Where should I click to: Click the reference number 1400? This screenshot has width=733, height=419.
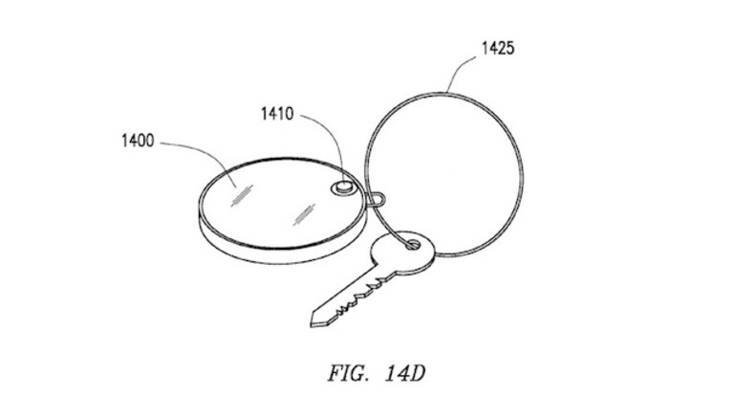(x=138, y=141)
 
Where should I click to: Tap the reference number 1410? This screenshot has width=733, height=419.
(x=277, y=114)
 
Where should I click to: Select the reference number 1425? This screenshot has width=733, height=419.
(x=498, y=48)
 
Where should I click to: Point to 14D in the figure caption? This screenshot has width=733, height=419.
(x=405, y=374)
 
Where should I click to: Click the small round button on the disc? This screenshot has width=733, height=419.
(x=345, y=187)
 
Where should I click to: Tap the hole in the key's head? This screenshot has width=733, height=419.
(x=412, y=244)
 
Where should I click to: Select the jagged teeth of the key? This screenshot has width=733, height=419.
(x=362, y=297)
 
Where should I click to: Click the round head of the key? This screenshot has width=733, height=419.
(x=403, y=252)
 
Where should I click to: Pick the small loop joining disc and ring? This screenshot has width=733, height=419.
(x=377, y=199)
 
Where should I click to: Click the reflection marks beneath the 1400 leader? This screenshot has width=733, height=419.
(x=242, y=195)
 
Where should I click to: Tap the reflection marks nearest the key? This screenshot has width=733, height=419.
(x=304, y=214)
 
